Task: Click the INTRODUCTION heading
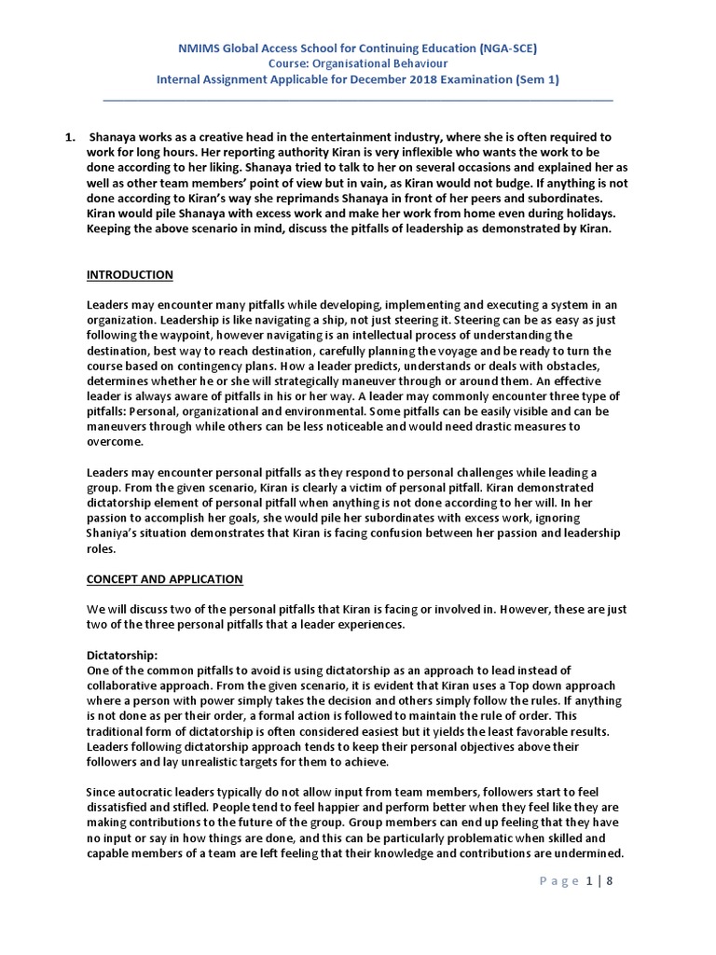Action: [x=130, y=275]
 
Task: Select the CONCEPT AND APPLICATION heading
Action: [x=164, y=579]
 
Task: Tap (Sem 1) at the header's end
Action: [x=538, y=79]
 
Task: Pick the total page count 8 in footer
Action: [x=610, y=881]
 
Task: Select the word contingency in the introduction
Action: [x=194, y=366]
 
